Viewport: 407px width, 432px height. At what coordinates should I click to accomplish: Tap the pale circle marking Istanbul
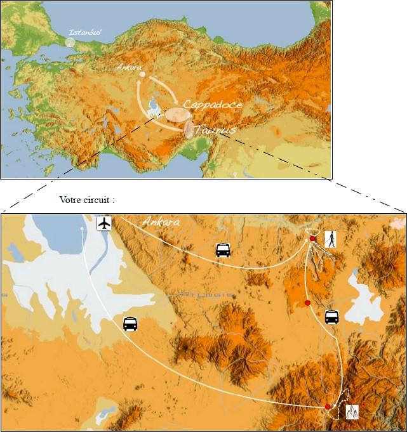tap(70, 43)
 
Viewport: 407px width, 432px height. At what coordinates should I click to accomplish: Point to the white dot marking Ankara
tap(142, 75)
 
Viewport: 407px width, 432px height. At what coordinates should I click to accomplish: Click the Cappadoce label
tap(212, 104)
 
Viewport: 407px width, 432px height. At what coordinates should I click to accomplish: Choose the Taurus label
tap(216, 129)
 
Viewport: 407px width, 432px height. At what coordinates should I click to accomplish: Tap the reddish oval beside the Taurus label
tap(189, 129)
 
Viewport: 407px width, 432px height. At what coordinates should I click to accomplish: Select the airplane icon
tap(104, 223)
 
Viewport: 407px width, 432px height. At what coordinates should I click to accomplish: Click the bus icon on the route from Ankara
tap(223, 250)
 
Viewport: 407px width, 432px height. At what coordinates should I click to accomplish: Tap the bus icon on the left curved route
tap(130, 324)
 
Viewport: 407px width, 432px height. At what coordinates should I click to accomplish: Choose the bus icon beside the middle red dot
tap(331, 317)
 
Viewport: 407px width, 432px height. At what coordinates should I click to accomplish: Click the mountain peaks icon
tap(352, 412)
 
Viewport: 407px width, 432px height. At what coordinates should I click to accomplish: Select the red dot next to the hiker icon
tap(312, 239)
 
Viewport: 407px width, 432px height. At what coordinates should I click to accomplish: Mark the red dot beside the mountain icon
tap(328, 407)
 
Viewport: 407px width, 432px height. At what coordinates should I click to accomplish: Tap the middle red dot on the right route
tap(307, 303)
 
